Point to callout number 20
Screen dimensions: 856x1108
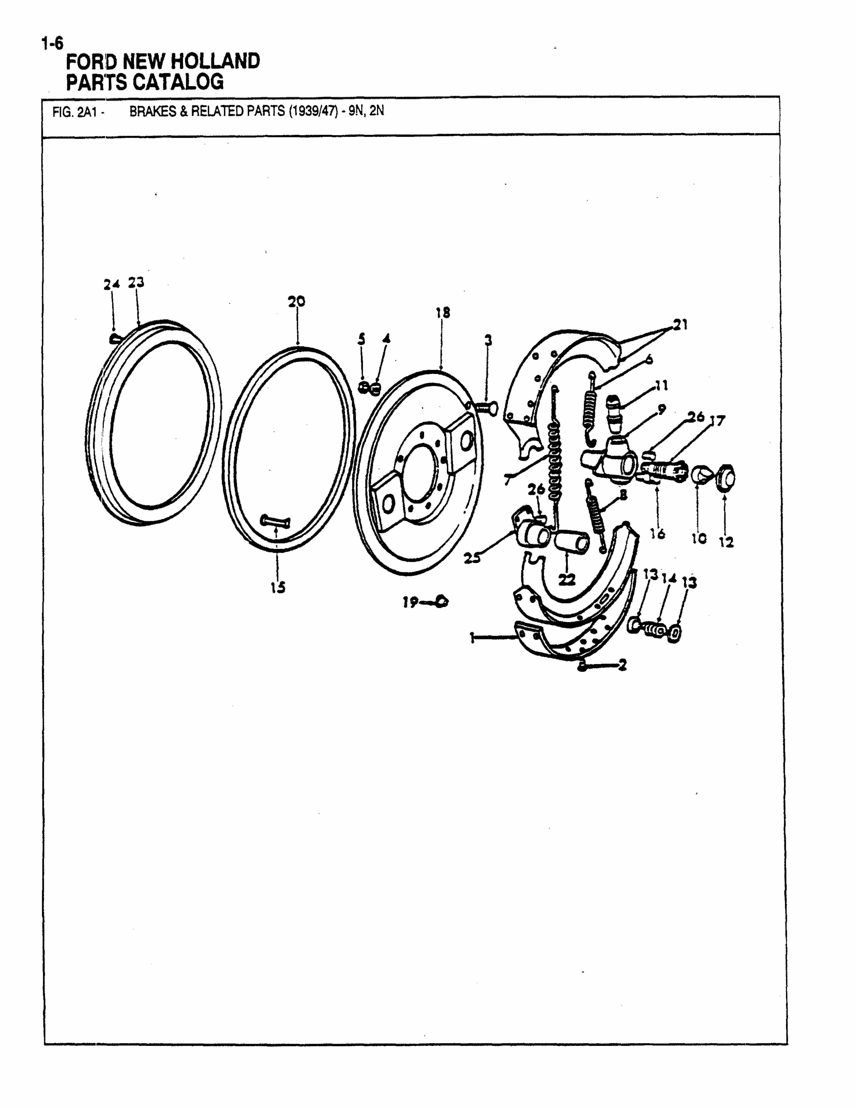point(297,302)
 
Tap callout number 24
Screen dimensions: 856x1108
point(112,285)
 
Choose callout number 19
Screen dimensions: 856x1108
point(410,602)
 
